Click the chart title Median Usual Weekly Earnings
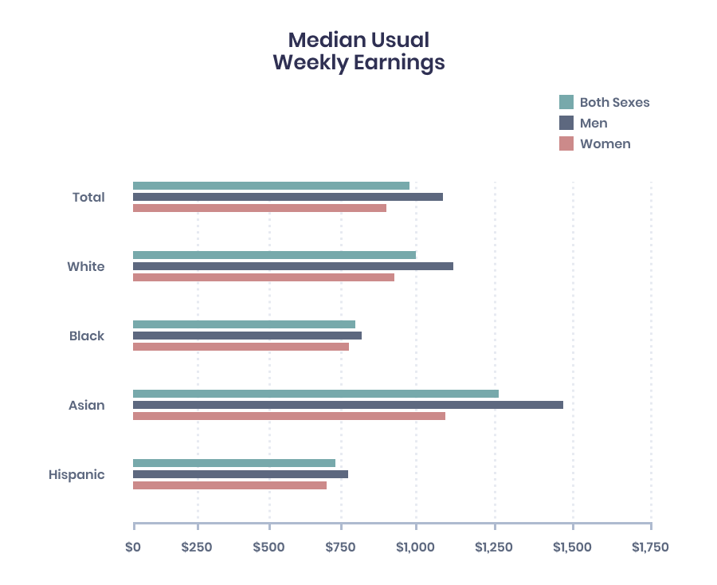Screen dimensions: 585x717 [x=358, y=51]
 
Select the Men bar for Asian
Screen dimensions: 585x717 [x=347, y=405]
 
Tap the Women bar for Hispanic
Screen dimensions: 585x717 [x=229, y=485]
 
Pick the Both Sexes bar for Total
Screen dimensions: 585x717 [x=271, y=186]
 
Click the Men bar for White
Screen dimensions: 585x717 [x=292, y=266]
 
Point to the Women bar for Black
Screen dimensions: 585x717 [x=241, y=347]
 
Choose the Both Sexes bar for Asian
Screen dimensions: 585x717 [x=315, y=394]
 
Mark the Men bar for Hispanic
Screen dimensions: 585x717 [x=240, y=474]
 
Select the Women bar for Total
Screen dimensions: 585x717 [x=259, y=208]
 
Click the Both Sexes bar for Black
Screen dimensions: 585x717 [x=244, y=324]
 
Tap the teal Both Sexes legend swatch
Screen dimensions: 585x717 [x=566, y=102]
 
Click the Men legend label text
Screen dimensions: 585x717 [x=594, y=123]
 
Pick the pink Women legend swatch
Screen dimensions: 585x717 [x=566, y=143]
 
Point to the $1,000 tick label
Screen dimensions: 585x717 [x=415, y=548]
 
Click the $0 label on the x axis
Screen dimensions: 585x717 [x=133, y=548]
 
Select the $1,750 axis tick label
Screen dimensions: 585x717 [x=650, y=548]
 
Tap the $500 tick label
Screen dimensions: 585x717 [x=268, y=548]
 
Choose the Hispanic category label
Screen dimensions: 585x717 [x=76, y=474]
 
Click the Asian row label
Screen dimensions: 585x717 [x=86, y=405]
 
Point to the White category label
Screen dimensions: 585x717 [x=85, y=266]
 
